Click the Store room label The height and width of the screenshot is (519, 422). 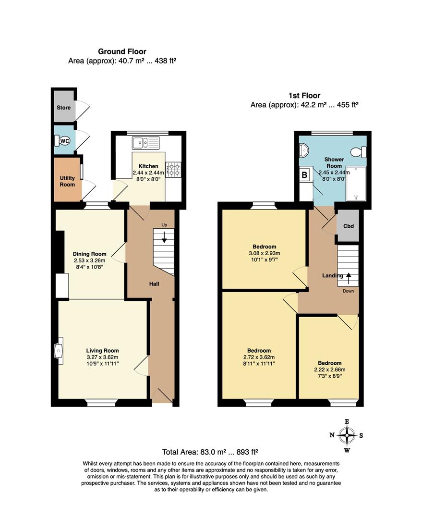(x=63, y=108)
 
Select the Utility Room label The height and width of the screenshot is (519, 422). (x=67, y=181)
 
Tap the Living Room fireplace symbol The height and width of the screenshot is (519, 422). (x=59, y=351)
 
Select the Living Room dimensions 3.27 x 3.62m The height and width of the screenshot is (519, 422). (x=102, y=357)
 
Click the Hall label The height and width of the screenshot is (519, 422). (x=154, y=284)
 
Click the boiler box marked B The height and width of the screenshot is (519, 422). (x=304, y=175)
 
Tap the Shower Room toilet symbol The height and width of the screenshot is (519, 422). (x=358, y=152)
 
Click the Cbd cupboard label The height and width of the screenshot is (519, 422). (x=349, y=226)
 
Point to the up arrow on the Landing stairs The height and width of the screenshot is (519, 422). (x=348, y=278)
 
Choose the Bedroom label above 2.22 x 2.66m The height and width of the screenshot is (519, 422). (x=329, y=363)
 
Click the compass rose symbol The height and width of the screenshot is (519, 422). (x=347, y=436)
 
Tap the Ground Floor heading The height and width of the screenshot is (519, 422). (x=122, y=51)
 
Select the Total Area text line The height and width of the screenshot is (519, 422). (x=211, y=452)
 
